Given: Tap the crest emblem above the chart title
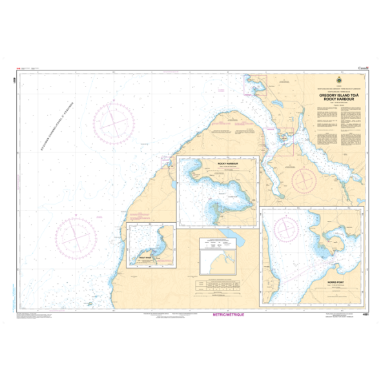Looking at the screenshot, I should point(337,81).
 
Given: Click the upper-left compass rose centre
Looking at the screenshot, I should point(114,121).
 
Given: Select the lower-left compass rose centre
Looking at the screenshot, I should point(76,237).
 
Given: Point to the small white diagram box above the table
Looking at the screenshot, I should point(219,257).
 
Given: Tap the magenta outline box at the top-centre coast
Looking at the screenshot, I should point(255,85).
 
